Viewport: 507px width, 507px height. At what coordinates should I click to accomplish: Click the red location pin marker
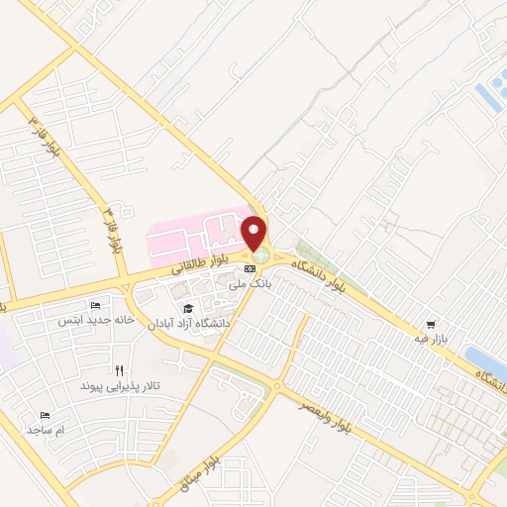[256, 234]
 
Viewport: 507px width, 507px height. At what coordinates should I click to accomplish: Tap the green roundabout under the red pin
[259, 257]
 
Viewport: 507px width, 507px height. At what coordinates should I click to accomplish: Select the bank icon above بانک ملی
[250, 269]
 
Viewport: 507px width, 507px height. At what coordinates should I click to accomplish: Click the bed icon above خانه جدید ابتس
[95, 305]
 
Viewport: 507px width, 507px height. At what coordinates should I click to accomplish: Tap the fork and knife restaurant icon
[119, 368]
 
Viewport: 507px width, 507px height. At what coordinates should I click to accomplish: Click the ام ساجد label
[46, 430]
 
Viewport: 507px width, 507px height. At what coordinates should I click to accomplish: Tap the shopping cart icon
[430, 324]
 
